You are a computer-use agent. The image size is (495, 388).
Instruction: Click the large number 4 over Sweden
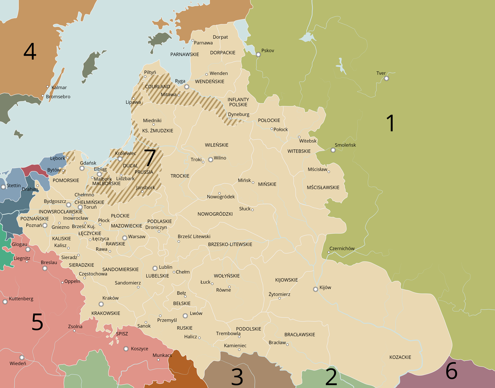tap(30, 52)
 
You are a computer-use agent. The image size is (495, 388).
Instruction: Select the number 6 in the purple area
tap(451, 371)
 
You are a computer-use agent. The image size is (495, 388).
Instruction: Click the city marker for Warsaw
tap(125, 238)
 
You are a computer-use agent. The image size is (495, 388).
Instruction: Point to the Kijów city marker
tap(315, 289)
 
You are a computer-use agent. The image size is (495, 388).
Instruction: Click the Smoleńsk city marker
tap(333, 150)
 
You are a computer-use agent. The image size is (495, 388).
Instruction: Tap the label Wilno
tap(220, 158)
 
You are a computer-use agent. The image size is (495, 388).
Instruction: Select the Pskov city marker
tap(258, 55)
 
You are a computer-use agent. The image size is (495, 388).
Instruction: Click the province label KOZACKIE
tap(400, 357)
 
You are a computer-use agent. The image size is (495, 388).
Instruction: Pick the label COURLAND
tap(158, 87)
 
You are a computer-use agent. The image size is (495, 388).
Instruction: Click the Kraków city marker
tap(101, 304)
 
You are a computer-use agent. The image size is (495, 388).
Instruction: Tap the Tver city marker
tap(386, 78)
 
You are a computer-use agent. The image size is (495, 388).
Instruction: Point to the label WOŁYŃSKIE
tap(227, 276)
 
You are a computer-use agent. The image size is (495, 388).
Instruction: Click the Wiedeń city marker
tap(22, 358)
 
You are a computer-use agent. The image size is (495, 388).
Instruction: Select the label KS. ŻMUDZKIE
tap(158, 131)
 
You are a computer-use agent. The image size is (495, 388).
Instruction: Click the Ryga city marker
tap(187, 87)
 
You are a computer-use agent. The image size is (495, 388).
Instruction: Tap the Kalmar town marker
tap(47, 87)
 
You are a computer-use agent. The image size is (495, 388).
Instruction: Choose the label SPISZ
tap(122, 334)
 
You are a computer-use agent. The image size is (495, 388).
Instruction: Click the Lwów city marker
tap(185, 316)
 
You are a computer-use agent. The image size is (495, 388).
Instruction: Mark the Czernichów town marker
tap(329, 252)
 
